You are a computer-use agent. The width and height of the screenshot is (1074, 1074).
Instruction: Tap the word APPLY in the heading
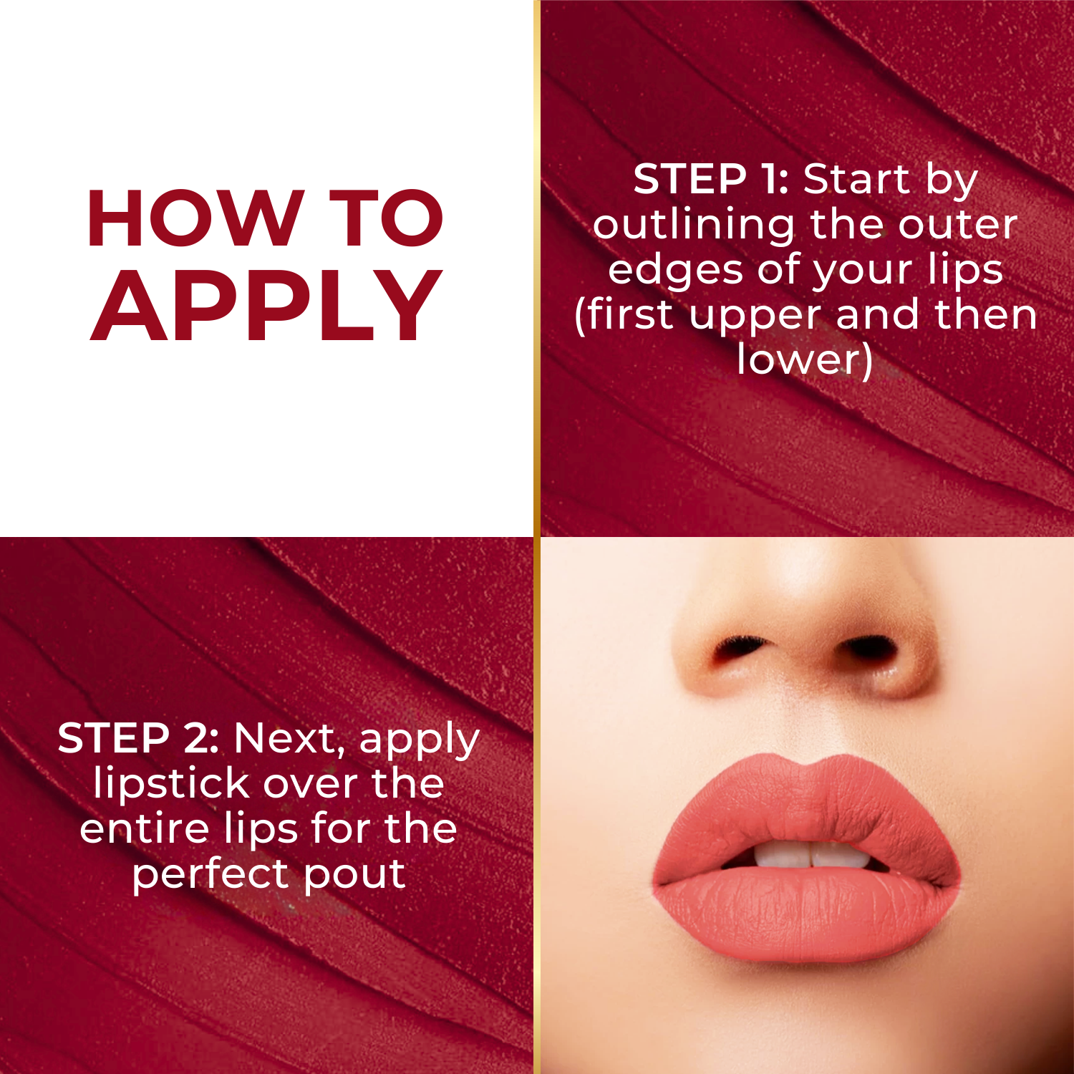[x=266, y=306]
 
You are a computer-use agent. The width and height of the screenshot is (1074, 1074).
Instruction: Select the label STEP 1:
[x=710, y=179]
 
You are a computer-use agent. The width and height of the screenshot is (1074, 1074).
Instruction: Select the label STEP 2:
[x=137, y=738]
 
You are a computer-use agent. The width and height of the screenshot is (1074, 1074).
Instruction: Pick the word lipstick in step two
[x=172, y=783]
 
